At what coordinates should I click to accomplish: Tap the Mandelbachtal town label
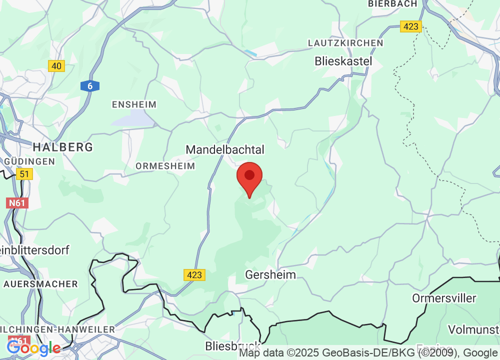[225, 149]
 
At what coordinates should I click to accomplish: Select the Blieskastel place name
[343, 61]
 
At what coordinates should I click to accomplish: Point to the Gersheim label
[270, 274]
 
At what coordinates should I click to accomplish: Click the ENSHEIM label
[134, 104]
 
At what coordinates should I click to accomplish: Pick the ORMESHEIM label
[165, 165]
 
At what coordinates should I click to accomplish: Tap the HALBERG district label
[63, 147]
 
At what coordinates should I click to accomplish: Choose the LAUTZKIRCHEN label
[345, 43]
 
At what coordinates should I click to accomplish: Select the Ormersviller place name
[444, 298]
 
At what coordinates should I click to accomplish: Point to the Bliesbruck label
[233, 346]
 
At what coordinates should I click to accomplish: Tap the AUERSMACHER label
[41, 284]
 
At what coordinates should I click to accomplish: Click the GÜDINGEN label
[29, 161]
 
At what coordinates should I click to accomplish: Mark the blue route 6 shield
[90, 86]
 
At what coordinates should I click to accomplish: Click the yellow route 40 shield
[57, 65]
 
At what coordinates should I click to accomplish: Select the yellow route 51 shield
[23, 174]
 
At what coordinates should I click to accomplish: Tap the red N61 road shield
[18, 203]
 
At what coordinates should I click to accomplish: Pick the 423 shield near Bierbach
[411, 26]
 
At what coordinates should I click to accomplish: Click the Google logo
[33, 347]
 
